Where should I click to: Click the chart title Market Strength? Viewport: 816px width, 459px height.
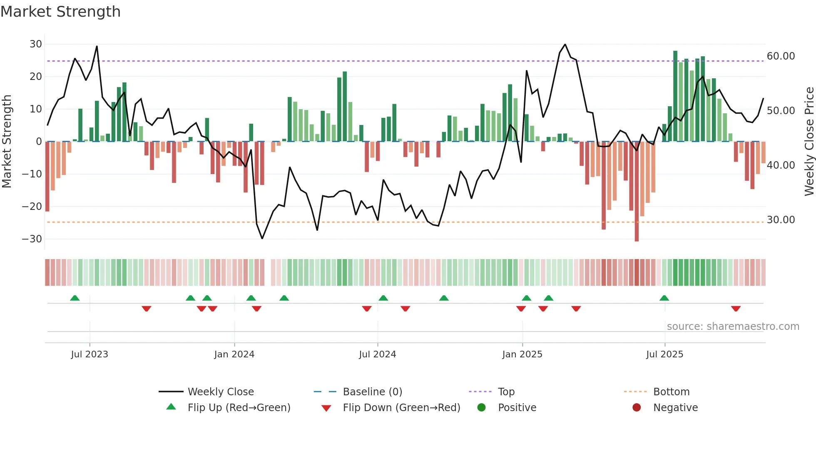[x=60, y=12]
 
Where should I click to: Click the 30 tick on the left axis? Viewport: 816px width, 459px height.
[x=36, y=44]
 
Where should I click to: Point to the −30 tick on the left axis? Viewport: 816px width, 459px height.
[x=32, y=239]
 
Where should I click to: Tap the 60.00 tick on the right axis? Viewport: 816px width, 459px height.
[x=781, y=56]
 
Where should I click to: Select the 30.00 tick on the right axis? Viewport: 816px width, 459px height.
[x=781, y=220]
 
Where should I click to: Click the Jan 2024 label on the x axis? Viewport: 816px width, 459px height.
[x=234, y=354]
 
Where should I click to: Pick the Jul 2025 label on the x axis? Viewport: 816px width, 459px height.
[x=664, y=354]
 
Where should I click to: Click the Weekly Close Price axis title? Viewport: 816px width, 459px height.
[x=809, y=142]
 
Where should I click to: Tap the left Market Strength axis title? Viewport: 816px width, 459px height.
[x=7, y=142]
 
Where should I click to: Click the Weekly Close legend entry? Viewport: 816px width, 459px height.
[x=221, y=392]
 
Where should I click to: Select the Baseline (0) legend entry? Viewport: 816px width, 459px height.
[x=372, y=392]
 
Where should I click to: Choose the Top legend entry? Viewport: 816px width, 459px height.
[x=506, y=392]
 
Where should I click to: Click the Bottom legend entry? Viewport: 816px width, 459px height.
[x=671, y=392]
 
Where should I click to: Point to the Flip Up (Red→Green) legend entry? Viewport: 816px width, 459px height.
[x=239, y=408]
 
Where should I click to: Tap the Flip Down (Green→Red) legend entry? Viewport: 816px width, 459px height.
[x=401, y=408]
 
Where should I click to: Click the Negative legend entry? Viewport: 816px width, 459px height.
[x=675, y=408]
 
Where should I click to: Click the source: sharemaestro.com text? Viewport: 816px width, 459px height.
[x=733, y=327]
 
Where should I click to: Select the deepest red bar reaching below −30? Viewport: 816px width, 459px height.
[x=637, y=192]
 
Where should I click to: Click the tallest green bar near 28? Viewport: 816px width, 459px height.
[x=675, y=96]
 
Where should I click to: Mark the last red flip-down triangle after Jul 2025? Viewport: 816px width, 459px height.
[x=736, y=309]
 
